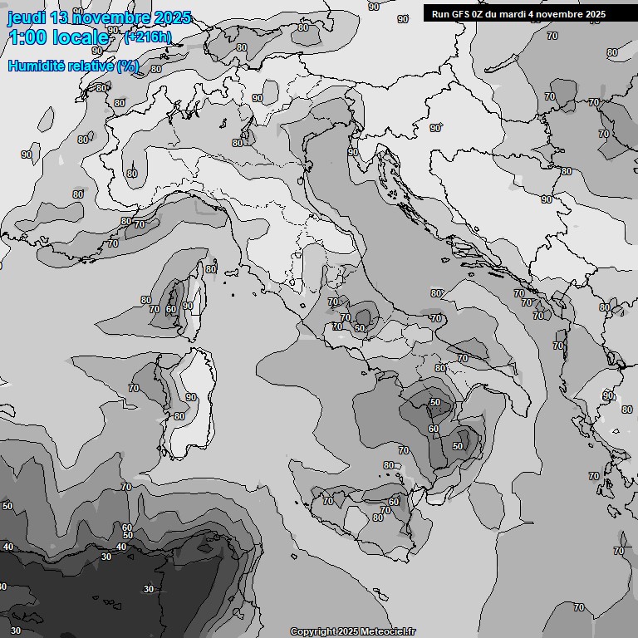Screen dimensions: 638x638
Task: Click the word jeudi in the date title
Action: coord(25,17)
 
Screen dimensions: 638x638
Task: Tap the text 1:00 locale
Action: coord(58,37)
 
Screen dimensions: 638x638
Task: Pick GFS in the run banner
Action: coord(462,14)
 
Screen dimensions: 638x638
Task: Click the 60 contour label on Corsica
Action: coord(170,310)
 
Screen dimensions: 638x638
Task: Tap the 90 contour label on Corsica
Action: coord(188,306)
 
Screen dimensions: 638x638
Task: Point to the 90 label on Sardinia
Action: coord(192,397)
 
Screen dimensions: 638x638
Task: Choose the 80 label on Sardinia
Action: coord(179,416)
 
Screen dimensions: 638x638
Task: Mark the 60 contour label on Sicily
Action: coord(394,502)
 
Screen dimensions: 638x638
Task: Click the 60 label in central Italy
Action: coord(360,328)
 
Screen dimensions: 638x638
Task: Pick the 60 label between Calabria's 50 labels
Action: coord(434,429)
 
